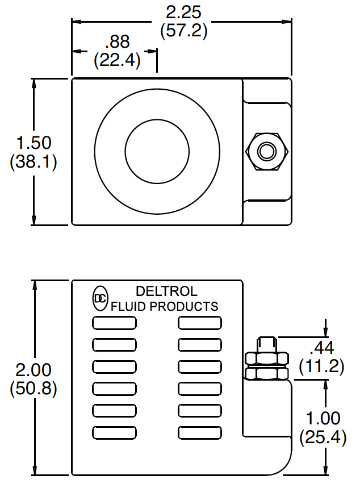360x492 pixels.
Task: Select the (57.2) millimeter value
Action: [183, 31]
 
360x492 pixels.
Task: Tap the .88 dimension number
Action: [117, 42]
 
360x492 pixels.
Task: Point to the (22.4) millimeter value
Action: [117, 60]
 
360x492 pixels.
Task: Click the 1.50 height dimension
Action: [34, 142]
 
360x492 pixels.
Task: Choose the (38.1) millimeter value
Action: [34, 162]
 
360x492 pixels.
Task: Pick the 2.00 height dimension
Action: [34, 370]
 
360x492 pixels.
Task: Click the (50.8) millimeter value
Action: [34, 390]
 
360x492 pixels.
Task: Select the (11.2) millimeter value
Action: [322, 366]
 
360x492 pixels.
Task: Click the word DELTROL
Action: [166, 291]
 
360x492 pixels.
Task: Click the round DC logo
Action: [100, 299]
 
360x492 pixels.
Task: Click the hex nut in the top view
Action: [266, 152]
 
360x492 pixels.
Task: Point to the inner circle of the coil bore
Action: [156, 151]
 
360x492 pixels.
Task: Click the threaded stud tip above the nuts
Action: [266, 344]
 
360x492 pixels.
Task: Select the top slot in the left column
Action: [114, 323]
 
